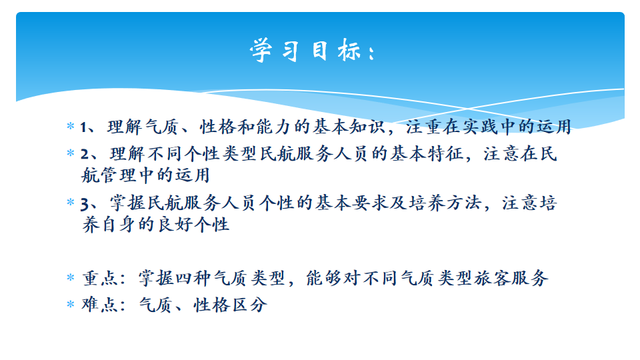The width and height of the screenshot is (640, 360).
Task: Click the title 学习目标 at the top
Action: [313, 51]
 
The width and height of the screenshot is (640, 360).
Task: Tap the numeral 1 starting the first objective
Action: [83, 127]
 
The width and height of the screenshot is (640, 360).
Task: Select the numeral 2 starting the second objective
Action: [85, 154]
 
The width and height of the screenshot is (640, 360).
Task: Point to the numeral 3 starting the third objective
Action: [85, 204]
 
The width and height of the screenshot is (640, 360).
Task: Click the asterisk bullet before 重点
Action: [70, 277]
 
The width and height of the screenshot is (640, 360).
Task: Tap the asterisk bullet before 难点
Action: [70, 304]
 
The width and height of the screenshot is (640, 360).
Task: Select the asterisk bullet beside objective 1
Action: [70, 126]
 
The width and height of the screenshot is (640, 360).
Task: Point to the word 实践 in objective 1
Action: [480, 127]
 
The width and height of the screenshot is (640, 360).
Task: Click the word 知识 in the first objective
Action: [367, 127]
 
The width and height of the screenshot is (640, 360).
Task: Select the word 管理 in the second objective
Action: [119, 175]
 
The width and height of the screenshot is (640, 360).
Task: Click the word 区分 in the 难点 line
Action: [249, 305]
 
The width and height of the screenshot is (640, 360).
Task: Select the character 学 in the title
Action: [261, 51]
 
